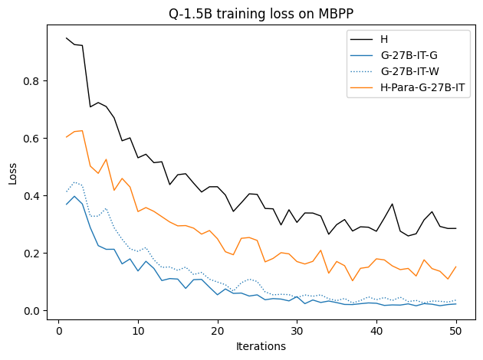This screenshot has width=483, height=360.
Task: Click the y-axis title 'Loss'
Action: (13, 173)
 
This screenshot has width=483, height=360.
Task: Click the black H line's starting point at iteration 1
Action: (67, 38)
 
